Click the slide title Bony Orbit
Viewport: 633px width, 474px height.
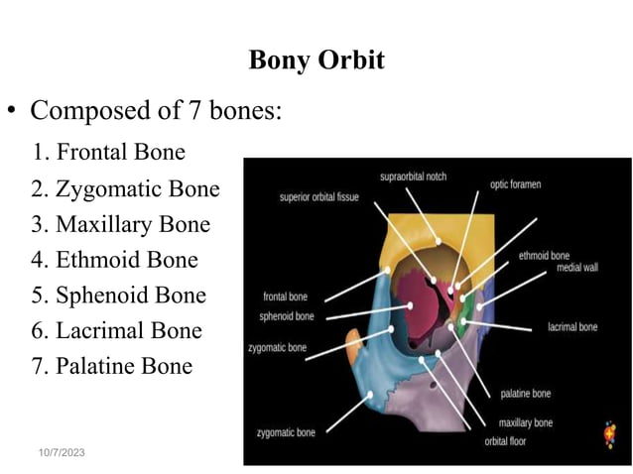(x=316, y=60)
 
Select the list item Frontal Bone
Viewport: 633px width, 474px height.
(x=108, y=153)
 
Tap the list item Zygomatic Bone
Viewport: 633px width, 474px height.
(x=124, y=188)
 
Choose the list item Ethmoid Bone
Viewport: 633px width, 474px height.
(x=113, y=260)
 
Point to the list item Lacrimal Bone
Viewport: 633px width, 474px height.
(x=115, y=331)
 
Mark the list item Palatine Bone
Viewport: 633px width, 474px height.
(x=111, y=366)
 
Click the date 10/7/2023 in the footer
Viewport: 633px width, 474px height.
(x=61, y=452)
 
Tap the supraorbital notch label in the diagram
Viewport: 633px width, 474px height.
(x=413, y=177)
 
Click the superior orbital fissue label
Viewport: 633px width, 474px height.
(x=317, y=196)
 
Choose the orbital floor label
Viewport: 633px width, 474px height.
(x=505, y=441)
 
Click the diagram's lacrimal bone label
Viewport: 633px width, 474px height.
(x=572, y=326)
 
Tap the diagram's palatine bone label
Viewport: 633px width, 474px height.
(x=525, y=394)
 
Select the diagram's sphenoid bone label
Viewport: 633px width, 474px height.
(x=287, y=316)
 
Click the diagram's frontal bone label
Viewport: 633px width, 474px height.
(x=285, y=296)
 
